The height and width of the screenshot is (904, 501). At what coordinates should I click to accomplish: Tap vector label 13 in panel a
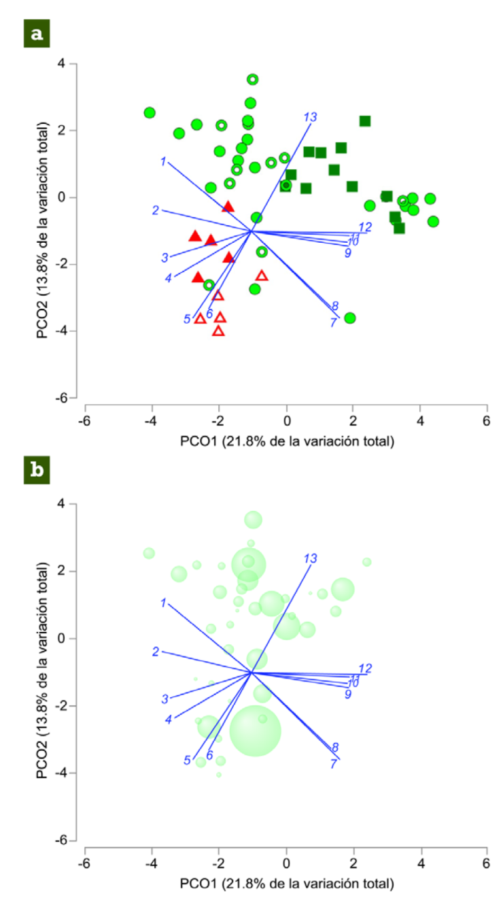click(x=310, y=117)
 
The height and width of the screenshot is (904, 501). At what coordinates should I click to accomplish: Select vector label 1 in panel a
click(x=163, y=161)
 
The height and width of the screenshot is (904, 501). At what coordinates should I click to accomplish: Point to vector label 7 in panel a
click(x=333, y=322)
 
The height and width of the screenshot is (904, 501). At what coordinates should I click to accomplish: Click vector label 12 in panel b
click(x=365, y=669)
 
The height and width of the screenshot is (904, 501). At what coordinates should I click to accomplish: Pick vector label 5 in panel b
click(x=187, y=760)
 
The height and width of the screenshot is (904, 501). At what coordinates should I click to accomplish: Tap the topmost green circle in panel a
click(x=252, y=80)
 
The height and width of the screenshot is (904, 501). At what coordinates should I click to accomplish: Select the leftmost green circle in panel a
click(x=150, y=113)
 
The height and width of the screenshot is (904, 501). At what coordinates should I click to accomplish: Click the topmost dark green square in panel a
click(x=365, y=121)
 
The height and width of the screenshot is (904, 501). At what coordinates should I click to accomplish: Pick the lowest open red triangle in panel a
click(x=218, y=331)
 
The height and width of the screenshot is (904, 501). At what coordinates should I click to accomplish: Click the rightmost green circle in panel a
click(x=433, y=222)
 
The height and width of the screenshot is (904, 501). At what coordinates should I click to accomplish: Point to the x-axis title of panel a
click(x=286, y=441)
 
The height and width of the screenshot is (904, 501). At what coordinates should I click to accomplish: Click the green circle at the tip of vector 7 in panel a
click(x=350, y=318)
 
